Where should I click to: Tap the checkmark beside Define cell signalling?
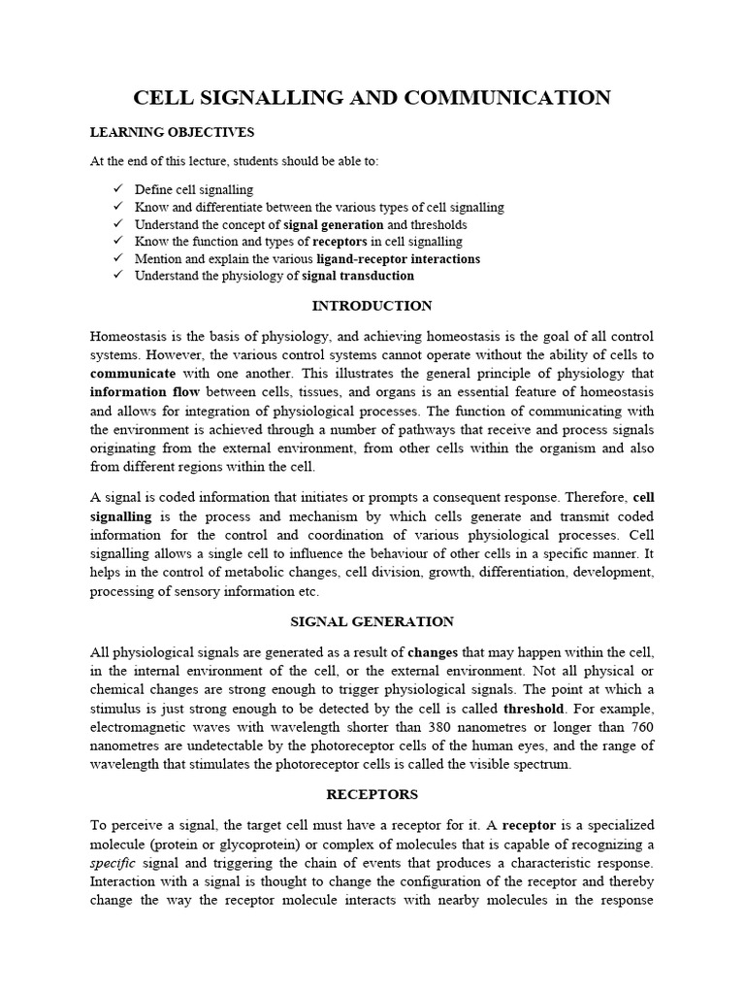pos(117,189)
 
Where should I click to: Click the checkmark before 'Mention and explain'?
pos(117,258)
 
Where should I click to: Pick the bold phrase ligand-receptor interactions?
pos(398,259)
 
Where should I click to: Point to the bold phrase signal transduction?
pos(358,276)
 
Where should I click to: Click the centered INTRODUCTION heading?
pos(372,306)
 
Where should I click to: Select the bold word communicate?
pos(133,373)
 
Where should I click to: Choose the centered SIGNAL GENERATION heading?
pos(372,621)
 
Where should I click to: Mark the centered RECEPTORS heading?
pos(372,794)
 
